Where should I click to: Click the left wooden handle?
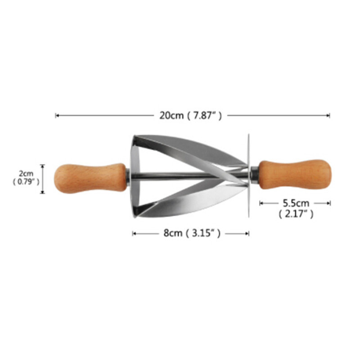(90, 178)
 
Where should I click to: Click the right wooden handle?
(295, 175)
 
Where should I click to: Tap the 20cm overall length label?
(171, 116)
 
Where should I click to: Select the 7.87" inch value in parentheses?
(204, 116)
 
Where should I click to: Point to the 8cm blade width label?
(173, 233)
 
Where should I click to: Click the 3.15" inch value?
(203, 233)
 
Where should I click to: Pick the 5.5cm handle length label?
(296, 203)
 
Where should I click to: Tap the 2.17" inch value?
(296, 214)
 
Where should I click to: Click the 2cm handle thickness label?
(26, 173)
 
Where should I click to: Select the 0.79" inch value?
(26, 182)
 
